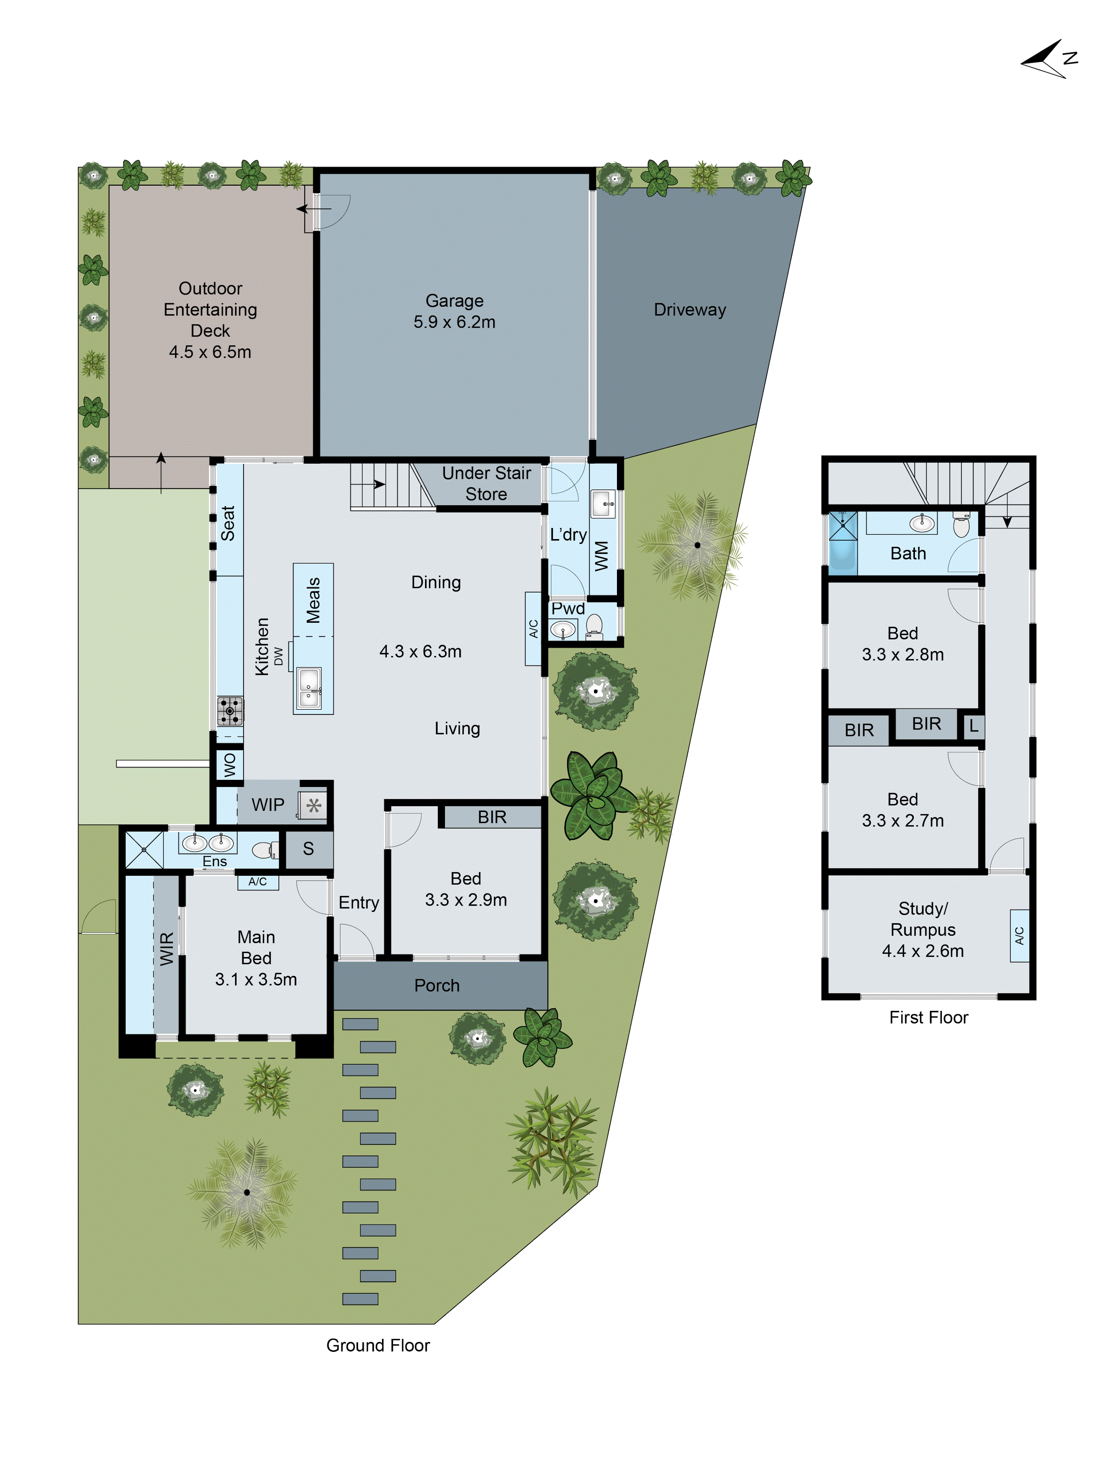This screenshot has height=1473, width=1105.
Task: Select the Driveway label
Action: click(690, 310)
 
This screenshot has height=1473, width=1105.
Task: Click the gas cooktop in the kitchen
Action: click(230, 710)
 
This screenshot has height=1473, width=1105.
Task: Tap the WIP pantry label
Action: click(268, 804)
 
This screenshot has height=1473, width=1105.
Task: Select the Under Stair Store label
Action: click(486, 484)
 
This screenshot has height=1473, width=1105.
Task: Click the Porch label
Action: click(437, 985)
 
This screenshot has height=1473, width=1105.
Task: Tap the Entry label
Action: click(358, 902)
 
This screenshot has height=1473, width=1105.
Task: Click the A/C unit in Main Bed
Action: click(258, 882)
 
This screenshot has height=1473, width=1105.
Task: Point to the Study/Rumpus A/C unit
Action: click(1019, 936)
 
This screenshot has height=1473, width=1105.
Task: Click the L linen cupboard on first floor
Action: click(973, 726)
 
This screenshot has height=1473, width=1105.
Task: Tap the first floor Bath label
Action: click(908, 553)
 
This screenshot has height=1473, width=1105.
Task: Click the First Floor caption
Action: click(929, 1017)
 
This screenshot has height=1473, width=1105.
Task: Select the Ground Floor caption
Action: click(378, 1345)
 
